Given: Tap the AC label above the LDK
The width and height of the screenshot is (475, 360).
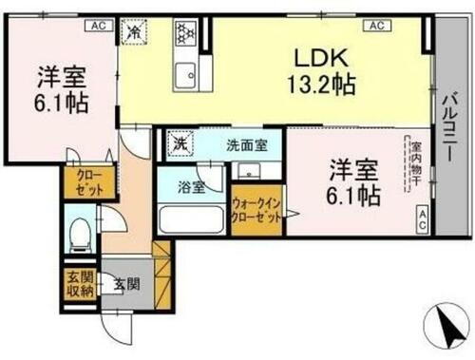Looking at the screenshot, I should point(376,26).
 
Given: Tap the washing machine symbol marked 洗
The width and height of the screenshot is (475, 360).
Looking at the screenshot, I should point(178,144).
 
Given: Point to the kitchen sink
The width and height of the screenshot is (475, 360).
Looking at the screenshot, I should point(182,71).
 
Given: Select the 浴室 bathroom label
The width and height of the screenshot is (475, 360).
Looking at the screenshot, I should point(193,187).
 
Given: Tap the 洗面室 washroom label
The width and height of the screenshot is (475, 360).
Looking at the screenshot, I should point(245,146).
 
